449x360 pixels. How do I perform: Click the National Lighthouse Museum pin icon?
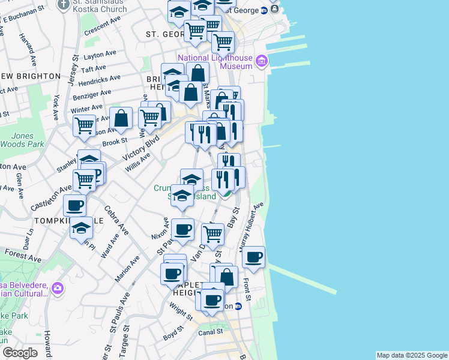point(261,61)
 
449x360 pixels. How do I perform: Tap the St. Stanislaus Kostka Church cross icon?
point(64,5)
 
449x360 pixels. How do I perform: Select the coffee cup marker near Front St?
point(254,257)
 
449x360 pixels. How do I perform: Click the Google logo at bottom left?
point(19,353)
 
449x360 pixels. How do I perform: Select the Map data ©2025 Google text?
point(411,355)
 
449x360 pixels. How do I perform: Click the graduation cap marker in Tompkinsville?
point(81,228)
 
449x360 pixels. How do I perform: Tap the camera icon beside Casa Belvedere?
point(57,288)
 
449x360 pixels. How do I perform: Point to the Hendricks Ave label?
point(99,79)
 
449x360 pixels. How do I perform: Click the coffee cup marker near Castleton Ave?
point(74,206)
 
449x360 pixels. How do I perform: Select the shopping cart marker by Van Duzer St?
point(212,233)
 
